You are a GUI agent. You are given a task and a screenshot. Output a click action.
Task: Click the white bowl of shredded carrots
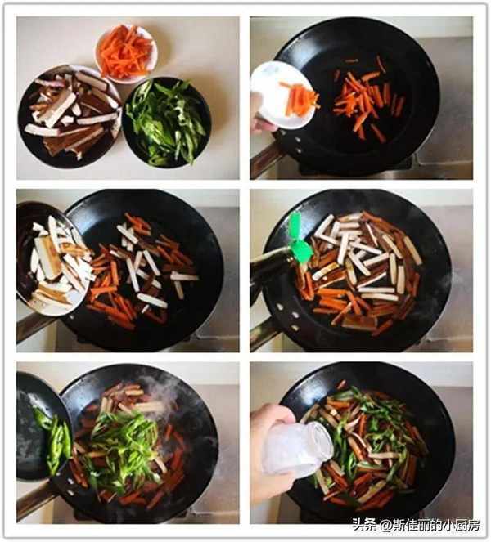coord(126,53)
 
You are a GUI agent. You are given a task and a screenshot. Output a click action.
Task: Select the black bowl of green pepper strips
coord(166,122)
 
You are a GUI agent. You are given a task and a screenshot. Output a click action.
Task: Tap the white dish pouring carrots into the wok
coord(283,95)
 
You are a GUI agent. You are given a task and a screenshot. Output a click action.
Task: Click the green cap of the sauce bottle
coord(299,238)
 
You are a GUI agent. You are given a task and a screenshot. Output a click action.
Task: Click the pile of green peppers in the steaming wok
coord(121,446)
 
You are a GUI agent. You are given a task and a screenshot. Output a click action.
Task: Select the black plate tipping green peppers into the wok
coord(43,428)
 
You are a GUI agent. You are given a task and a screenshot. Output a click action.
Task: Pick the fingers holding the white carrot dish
coord(263,114)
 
